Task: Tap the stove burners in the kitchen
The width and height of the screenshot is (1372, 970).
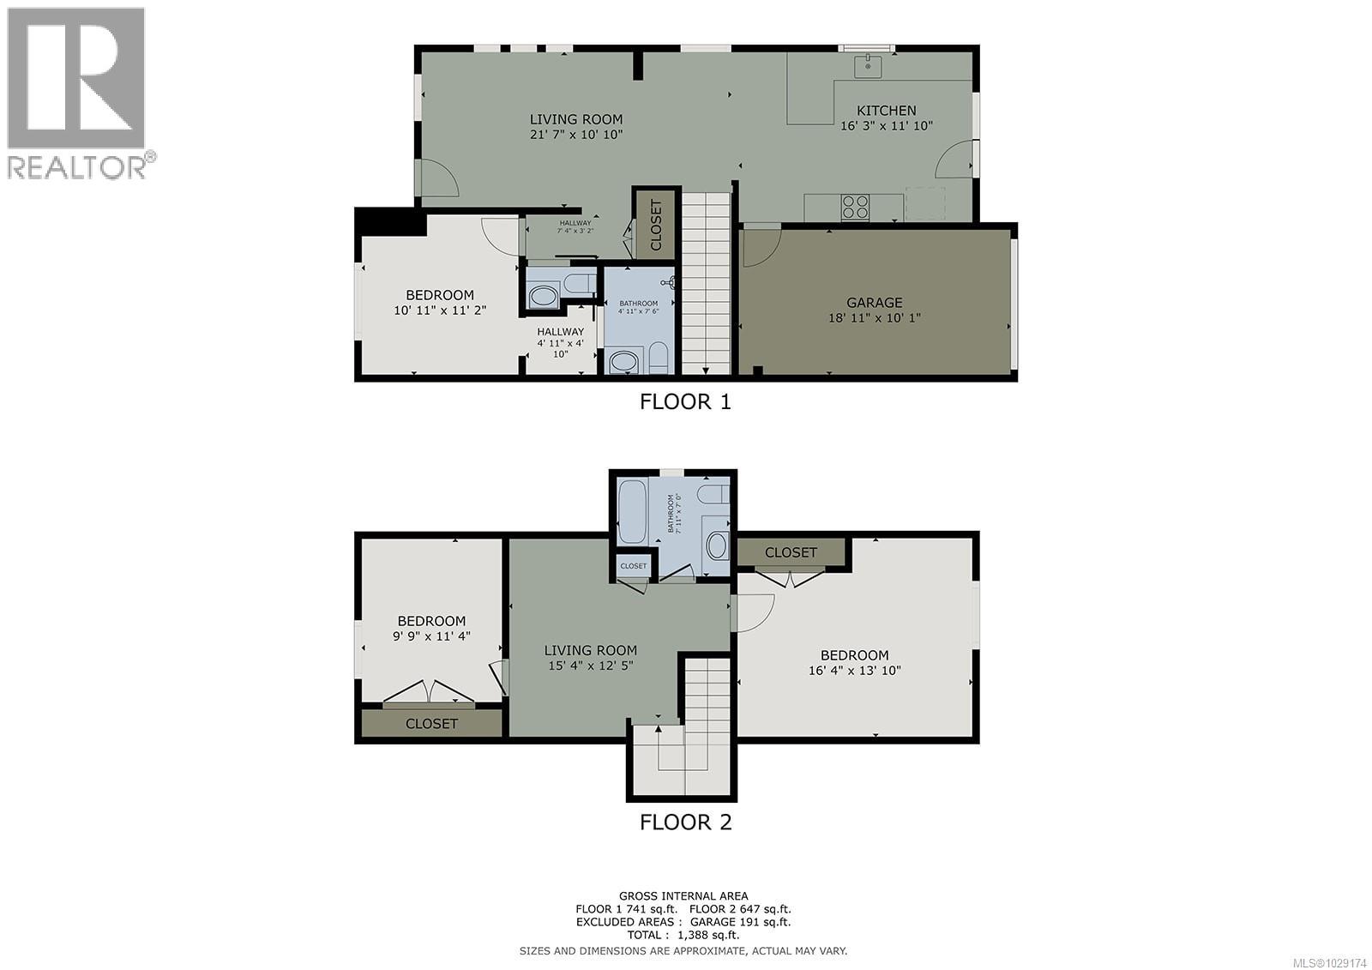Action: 855,207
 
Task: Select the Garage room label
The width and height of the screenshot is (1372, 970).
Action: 874,302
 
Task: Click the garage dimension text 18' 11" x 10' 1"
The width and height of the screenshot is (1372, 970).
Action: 874,317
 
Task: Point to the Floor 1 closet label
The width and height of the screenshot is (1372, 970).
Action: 656,225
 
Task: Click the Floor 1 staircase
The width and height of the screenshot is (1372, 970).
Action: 706,283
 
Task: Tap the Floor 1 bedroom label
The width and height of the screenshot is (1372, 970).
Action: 439,295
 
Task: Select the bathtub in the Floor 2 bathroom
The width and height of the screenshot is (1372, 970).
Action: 632,512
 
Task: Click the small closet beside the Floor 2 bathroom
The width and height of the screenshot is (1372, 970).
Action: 633,566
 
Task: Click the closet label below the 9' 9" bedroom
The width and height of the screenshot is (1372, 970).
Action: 431,723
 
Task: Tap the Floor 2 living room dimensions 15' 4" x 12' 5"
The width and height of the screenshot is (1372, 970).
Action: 591,666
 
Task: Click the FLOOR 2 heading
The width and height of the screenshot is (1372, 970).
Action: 685,822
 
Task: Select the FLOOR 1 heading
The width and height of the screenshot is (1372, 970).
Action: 685,401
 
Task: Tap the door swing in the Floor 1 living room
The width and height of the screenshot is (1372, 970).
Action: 438,178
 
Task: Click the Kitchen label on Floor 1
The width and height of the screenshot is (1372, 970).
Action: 886,111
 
